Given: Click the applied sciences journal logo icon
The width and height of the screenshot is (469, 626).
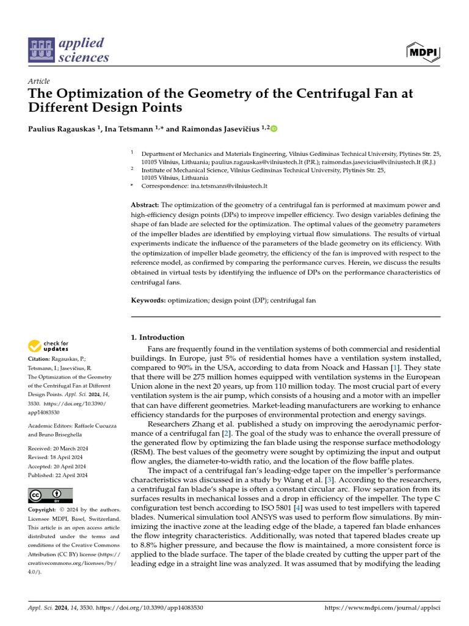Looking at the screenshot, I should (x=41, y=51).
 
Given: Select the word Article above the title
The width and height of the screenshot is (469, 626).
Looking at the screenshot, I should (x=38, y=81).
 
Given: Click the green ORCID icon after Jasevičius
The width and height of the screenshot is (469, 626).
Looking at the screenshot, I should (x=274, y=128).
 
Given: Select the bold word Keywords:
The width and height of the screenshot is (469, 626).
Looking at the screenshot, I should (x=148, y=301).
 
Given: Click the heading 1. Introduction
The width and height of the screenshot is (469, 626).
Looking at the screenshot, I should (x=158, y=337).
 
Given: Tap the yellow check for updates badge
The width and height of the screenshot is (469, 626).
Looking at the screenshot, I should (x=49, y=346).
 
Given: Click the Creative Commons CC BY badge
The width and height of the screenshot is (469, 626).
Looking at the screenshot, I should (x=50, y=495).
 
